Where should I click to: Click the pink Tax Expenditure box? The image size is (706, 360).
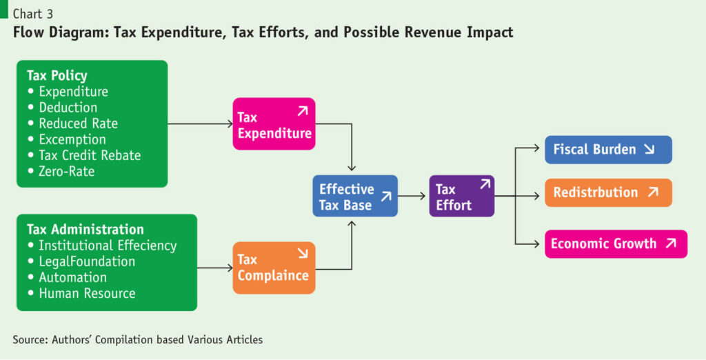(274, 124)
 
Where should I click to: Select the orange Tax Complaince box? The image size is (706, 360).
(274, 268)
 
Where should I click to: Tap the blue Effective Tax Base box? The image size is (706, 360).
(355, 196)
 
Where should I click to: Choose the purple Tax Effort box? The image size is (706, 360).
(462, 196)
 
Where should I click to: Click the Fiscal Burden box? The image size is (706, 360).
(608, 150)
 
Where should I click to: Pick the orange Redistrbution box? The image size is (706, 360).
(608, 193)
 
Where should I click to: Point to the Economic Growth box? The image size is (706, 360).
(616, 244)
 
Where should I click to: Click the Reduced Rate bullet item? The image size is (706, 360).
(72, 123)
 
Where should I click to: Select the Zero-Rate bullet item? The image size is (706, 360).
(61, 171)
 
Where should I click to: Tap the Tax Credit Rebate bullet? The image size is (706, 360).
(83, 155)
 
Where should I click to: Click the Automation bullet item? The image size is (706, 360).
(67, 277)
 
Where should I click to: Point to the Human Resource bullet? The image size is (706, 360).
(81, 293)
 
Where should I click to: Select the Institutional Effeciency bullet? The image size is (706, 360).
(102, 246)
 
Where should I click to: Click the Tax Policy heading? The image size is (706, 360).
(57, 75)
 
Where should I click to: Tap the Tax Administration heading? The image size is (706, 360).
(85, 229)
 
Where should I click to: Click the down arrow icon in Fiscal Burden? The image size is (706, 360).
(649, 149)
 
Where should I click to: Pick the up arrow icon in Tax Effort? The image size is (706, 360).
(485, 184)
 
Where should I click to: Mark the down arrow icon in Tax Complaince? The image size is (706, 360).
(303, 254)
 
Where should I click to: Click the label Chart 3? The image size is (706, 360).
(33, 14)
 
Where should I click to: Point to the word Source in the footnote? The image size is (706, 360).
(30, 339)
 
